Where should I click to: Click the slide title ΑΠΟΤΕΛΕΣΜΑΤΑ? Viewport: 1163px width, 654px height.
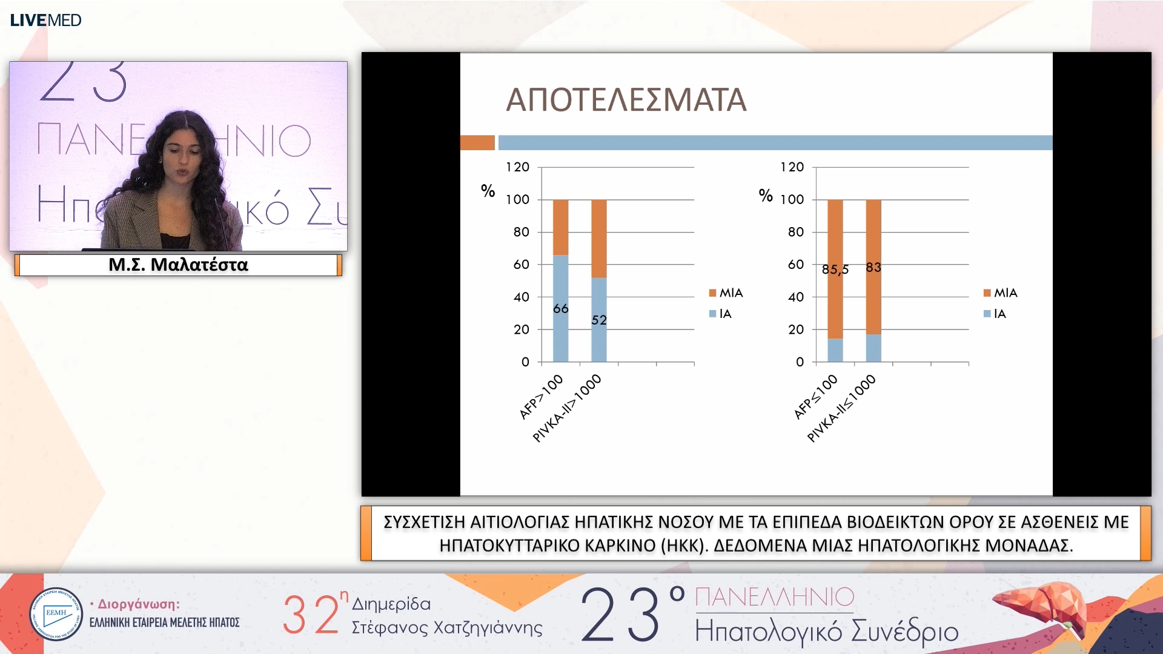coord(626,101)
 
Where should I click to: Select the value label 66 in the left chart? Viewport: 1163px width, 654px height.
coord(561,309)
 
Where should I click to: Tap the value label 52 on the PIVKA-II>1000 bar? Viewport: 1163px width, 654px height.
coord(599,320)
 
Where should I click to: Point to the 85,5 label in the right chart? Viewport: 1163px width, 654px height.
coord(835,269)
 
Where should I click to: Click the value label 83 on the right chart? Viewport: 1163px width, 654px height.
coord(873,267)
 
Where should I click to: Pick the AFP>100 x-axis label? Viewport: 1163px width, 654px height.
coord(541,397)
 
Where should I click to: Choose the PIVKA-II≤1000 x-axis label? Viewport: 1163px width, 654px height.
coord(841,408)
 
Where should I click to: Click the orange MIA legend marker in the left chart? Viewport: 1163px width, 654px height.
coord(713,293)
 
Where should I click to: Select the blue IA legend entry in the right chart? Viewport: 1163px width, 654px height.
coord(994,314)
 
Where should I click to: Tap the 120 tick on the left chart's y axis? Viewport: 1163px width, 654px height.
coord(518,167)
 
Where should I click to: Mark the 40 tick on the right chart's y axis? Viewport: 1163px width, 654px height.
coord(795,297)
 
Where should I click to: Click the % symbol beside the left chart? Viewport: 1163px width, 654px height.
coord(488,191)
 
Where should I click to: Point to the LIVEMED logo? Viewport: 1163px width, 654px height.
coord(45,20)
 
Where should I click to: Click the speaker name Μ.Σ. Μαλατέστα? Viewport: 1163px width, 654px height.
coord(178,265)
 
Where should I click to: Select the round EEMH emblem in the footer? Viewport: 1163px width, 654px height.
coord(56,613)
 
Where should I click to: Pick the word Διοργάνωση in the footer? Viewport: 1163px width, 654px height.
coord(138,604)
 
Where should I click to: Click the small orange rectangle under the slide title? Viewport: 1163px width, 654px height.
coord(477,143)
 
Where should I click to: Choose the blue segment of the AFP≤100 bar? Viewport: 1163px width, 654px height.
coord(835,351)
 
